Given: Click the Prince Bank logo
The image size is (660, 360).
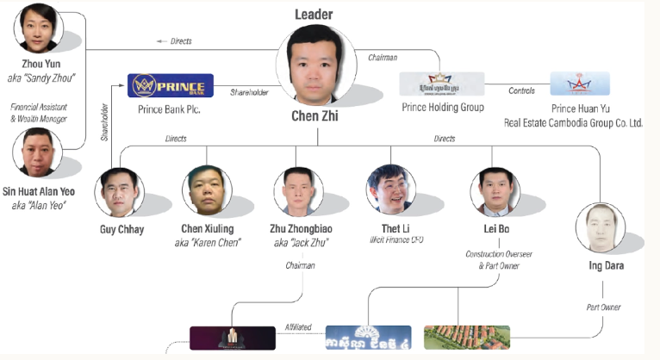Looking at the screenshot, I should pos(171,86).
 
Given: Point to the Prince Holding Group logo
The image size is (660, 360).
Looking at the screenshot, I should pos(441,84).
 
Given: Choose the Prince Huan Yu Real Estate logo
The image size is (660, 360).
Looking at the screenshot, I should pos(580,84).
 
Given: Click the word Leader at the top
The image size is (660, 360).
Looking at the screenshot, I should pos(314,15).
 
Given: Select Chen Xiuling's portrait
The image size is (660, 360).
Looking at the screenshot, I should pos(208,190).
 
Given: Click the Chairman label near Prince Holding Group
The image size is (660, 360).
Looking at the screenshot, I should pos(382,59).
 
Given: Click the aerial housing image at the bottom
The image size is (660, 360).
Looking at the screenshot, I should pos(466,337).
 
